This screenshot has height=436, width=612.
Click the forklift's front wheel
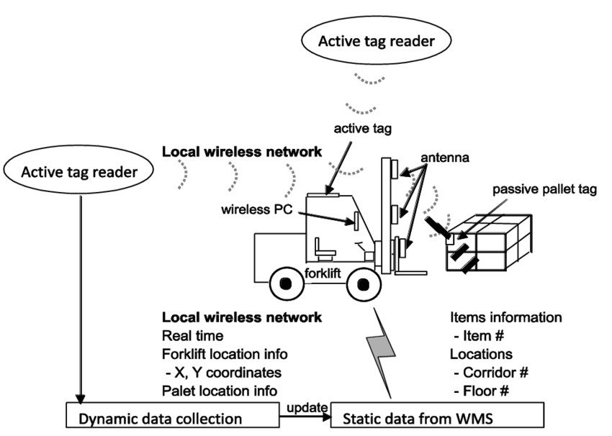(362, 285)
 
